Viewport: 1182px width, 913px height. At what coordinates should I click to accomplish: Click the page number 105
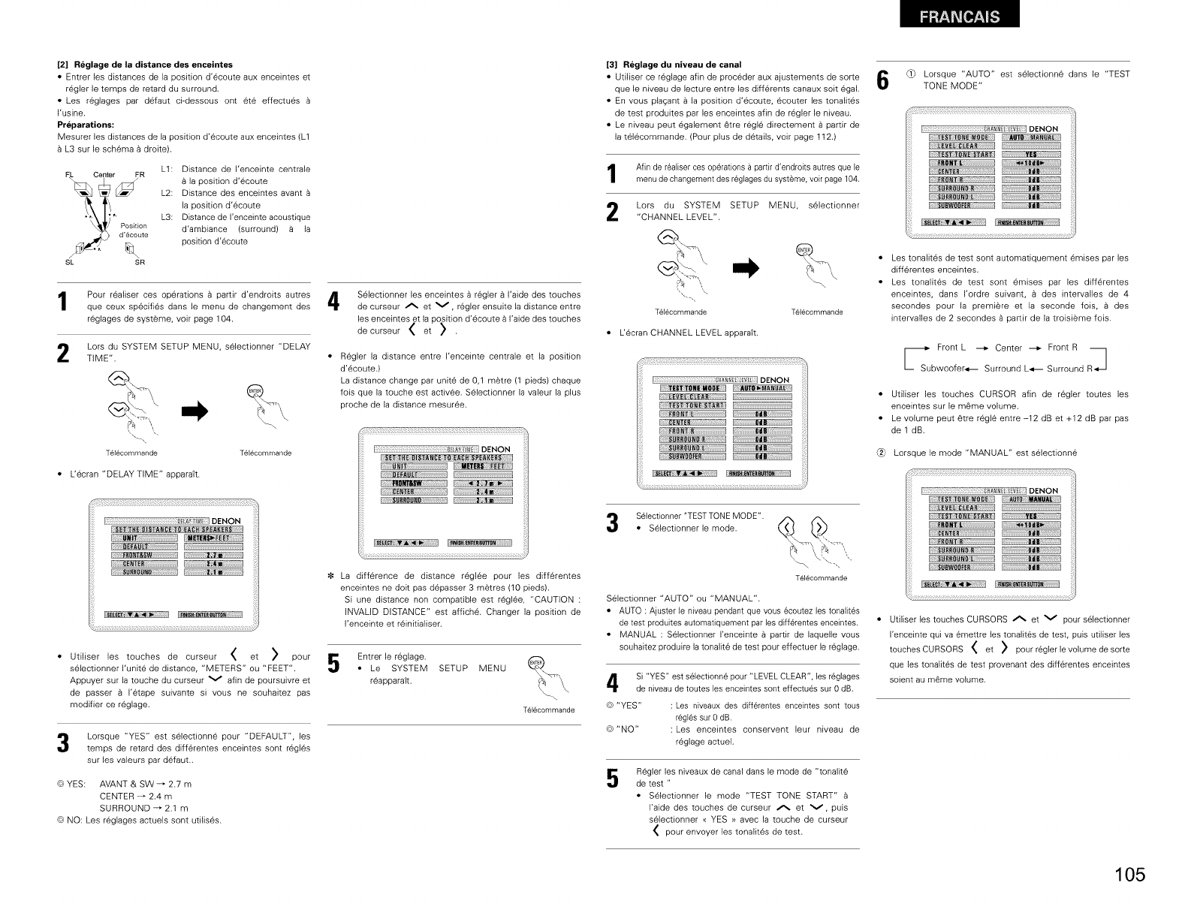tap(1129, 875)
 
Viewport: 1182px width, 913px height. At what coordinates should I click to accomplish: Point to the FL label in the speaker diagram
tap(65, 175)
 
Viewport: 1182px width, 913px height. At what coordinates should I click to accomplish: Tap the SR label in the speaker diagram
tap(140, 262)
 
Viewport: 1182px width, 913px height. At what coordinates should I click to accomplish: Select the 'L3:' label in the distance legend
tap(167, 218)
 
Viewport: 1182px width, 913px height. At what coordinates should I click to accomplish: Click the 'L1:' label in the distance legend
tap(167, 170)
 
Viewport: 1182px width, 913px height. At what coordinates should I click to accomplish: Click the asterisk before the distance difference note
tap(333, 576)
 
